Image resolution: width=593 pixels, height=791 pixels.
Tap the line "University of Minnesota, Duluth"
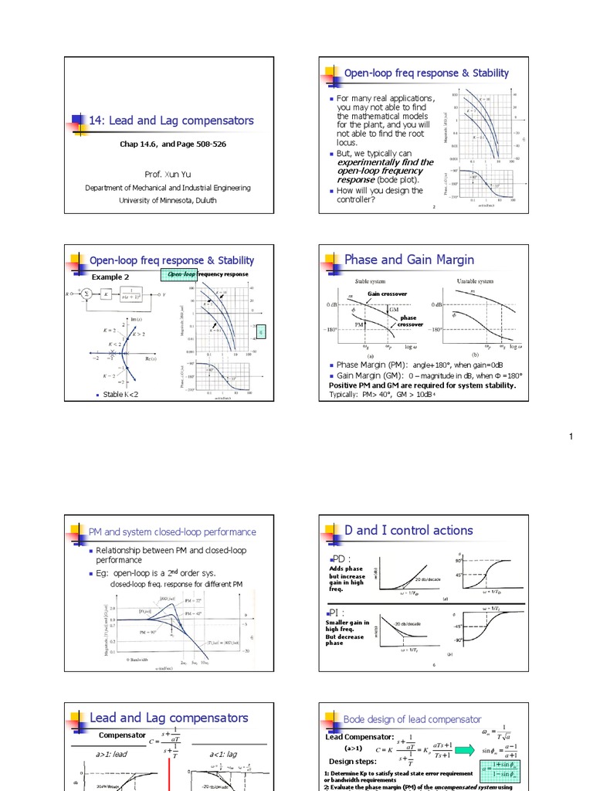168,200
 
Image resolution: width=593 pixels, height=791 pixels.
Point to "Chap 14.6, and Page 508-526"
173,144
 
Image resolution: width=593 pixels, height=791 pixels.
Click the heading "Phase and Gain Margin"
408,260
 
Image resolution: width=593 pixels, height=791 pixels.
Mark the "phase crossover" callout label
408,321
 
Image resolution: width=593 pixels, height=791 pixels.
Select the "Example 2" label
110,277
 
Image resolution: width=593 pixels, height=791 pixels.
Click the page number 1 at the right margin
571,438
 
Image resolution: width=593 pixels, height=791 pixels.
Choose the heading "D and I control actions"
414,530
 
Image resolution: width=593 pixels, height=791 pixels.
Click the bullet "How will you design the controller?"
379,195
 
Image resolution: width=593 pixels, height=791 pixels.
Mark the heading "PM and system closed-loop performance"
172,531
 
